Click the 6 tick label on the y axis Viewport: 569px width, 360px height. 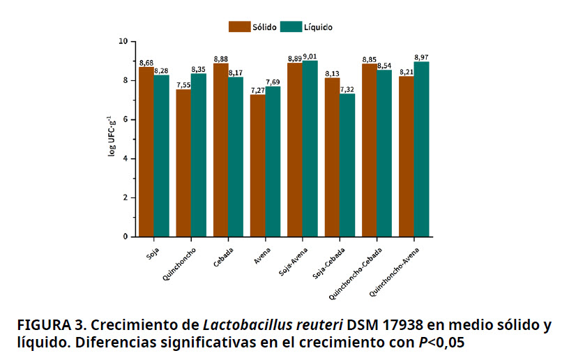click(x=125, y=119)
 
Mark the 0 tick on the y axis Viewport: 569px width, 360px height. click(x=125, y=237)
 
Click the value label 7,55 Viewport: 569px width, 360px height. click(x=183, y=85)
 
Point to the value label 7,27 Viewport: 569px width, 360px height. click(x=257, y=90)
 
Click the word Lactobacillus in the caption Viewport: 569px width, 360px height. click(x=238, y=325)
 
